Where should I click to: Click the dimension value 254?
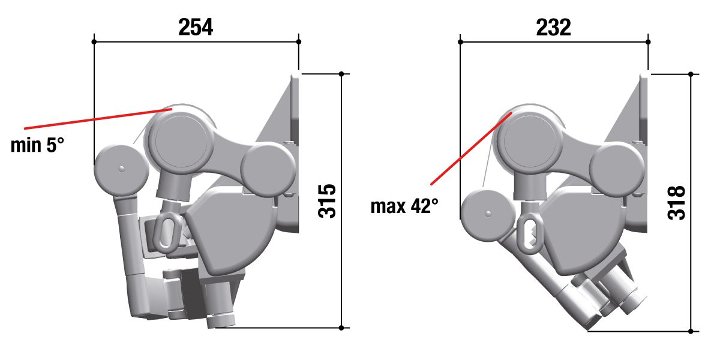pos(196,28)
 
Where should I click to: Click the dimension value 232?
pos(553,28)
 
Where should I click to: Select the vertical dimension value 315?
pos(327,201)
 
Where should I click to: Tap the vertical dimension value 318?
pos(676,203)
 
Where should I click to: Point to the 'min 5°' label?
pos(37,145)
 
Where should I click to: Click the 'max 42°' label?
pos(404,206)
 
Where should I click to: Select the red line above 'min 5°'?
pos(98,119)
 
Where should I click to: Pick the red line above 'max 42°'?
pos(471,149)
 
